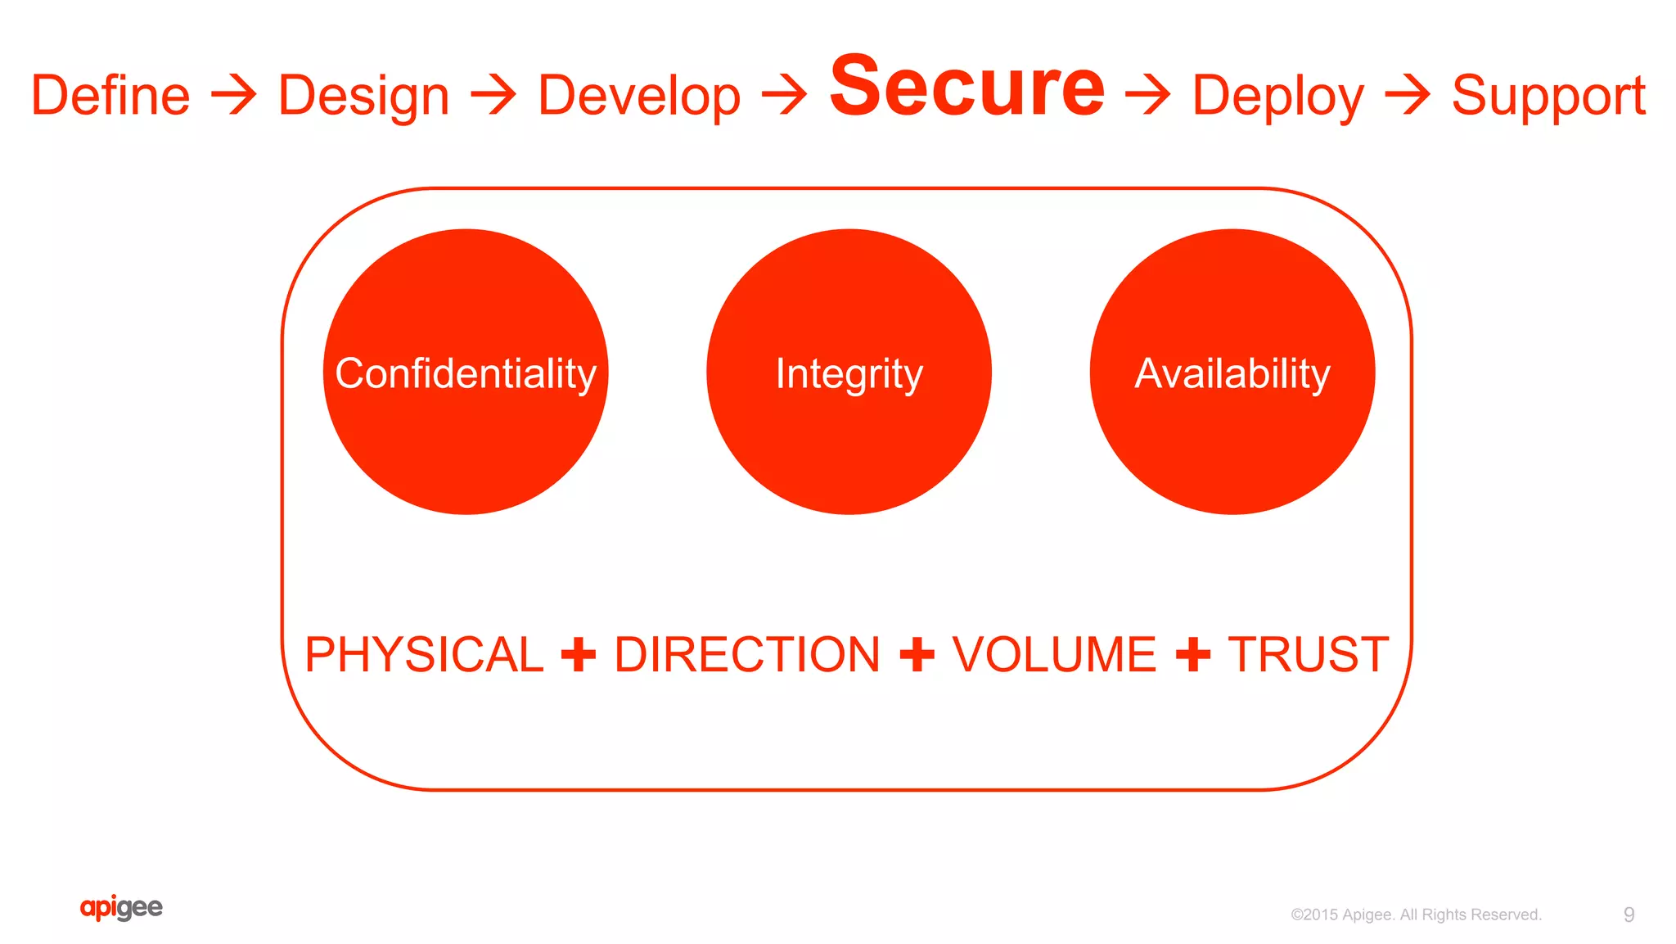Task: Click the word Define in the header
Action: point(110,96)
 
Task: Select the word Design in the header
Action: point(363,97)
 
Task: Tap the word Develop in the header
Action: point(639,97)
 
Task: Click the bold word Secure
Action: point(967,86)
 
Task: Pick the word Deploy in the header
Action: point(1277,97)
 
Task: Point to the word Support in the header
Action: point(1548,97)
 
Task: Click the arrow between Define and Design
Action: point(234,95)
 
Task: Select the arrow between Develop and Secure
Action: point(785,95)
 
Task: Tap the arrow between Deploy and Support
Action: point(1408,95)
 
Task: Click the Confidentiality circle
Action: point(466,373)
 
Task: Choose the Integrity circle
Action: point(849,373)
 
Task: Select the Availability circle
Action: point(1232,373)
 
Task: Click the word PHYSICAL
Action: point(424,655)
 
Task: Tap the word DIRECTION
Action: point(747,655)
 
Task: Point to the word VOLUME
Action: point(1054,655)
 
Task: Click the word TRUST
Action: point(1308,655)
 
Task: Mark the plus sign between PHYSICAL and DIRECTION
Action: point(579,655)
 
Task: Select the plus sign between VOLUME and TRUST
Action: point(1192,655)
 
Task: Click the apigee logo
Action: point(121,907)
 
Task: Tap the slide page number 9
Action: point(1629,915)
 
